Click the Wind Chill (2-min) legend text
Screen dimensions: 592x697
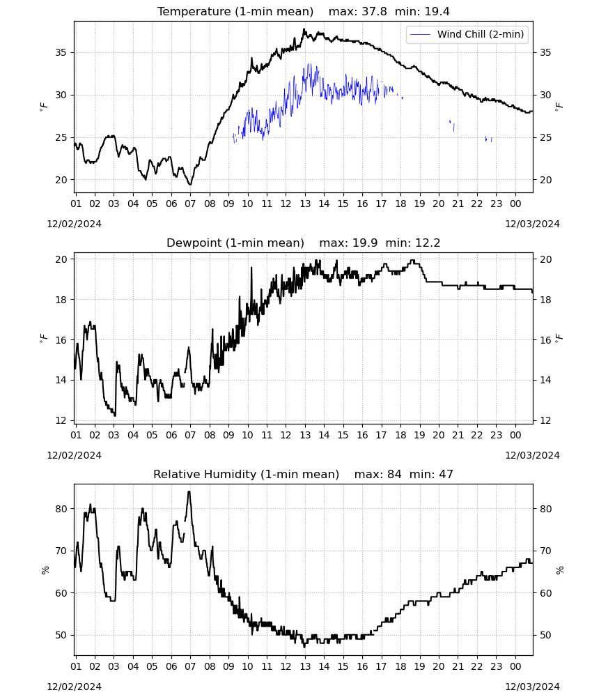(x=481, y=34)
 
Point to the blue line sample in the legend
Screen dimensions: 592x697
(x=420, y=34)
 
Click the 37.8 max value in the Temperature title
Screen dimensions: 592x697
(x=374, y=12)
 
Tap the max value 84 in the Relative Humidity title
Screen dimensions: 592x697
(x=394, y=474)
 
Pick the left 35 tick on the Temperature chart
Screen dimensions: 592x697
(x=61, y=52)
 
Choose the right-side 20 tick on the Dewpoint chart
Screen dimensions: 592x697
(x=545, y=259)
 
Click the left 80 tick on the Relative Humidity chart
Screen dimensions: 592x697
(x=61, y=509)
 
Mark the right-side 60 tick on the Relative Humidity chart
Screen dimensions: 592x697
(x=545, y=593)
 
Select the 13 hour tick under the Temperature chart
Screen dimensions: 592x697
(x=305, y=204)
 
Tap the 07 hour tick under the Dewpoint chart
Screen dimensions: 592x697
(x=190, y=435)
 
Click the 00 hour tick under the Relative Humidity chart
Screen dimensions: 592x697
(x=515, y=666)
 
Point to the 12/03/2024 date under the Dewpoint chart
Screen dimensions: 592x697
(x=532, y=455)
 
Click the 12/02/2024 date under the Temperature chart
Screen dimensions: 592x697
(x=74, y=224)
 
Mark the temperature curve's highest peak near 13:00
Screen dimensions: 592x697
(x=304, y=29)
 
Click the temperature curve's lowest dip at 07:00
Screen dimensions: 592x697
(x=190, y=184)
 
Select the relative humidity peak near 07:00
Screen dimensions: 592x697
(x=189, y=491)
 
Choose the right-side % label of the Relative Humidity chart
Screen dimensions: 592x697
(x=559, y=570)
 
